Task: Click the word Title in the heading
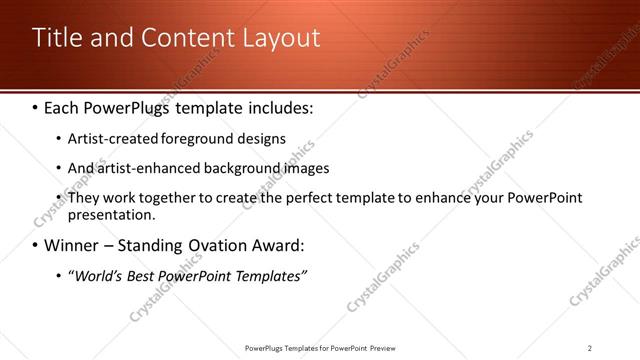[x=57, y=39]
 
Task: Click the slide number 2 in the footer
[x=590, y=347]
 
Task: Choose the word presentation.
[x=110, y=215]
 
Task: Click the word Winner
[x=72, y=245]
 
